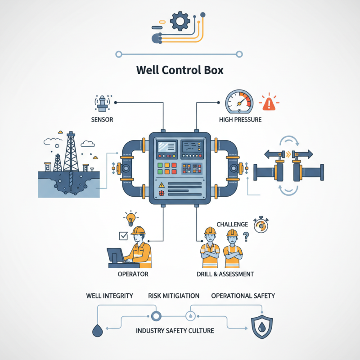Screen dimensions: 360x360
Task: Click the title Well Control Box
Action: click(180, 71)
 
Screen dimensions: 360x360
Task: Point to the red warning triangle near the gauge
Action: click(270, 103)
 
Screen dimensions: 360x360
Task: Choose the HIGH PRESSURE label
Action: click(240, 120)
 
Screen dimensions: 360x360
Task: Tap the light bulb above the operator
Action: click(130, 219)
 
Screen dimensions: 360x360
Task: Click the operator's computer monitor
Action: click(116, 255)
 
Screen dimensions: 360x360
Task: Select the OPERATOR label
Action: click(132, 274)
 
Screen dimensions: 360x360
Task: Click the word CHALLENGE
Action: click(232, 224)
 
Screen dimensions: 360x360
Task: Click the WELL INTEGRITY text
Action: click(109, 296)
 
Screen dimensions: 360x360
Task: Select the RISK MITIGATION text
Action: click(174, 296)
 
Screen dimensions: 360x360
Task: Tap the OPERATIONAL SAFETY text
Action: click(243, 296)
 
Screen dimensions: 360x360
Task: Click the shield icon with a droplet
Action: click(261, 328)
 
